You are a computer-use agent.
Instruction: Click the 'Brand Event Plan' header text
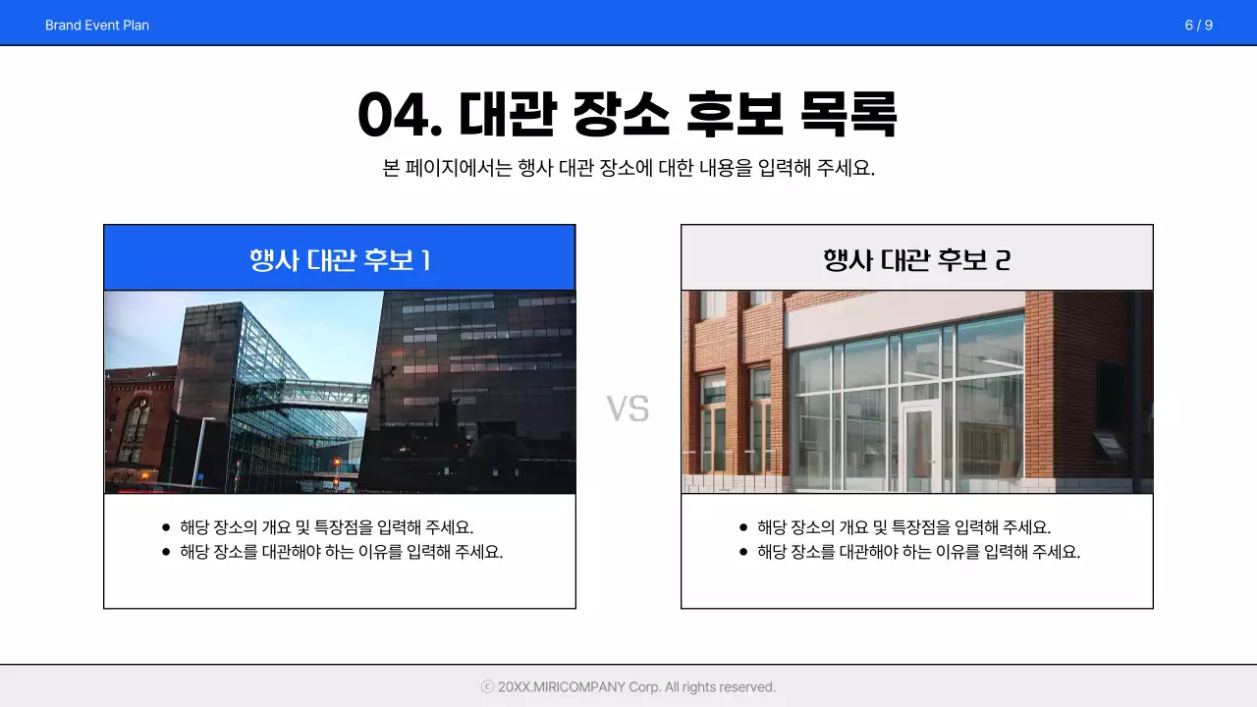tap(97, 25)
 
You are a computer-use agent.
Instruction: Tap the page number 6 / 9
tap(1198, 25)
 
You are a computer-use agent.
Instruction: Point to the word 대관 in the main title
tap(508, 116)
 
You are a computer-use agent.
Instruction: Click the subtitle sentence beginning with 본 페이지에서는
tap(628, 168)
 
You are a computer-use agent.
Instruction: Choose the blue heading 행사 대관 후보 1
tap(340, 259)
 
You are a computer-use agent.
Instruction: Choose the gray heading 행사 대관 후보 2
tap(917, 259)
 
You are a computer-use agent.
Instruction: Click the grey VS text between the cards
tap(628, 408)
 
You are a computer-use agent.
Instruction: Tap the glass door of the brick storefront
tap(919, 447)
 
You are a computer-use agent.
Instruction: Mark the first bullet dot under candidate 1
tap(166, 527)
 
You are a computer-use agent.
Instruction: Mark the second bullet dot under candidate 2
tap(743, 552)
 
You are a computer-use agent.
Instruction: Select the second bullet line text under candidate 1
tap(341, 552)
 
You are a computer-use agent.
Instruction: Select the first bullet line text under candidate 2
tap(903, 527)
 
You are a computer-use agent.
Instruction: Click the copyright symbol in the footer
tap(487, 687)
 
